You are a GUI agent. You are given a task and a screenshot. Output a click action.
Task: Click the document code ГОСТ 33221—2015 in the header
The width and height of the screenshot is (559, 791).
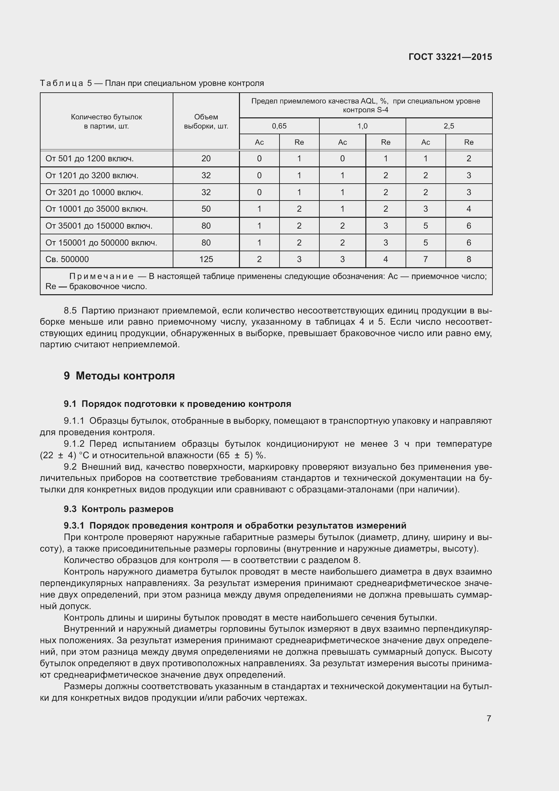450,57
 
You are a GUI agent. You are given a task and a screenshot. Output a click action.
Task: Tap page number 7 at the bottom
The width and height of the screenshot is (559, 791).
489,718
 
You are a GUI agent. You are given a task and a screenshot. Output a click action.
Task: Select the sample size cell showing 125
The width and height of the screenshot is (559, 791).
206,259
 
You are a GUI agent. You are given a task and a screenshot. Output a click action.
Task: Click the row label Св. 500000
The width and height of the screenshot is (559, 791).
67,259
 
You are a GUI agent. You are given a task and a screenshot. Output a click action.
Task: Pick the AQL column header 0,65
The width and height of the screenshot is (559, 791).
279,126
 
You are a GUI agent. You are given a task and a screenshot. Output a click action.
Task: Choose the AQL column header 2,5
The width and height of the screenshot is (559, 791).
449,126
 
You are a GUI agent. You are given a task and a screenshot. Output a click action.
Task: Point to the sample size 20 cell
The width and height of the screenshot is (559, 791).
206,159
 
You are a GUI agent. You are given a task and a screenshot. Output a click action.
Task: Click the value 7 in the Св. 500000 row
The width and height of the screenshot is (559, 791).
426,259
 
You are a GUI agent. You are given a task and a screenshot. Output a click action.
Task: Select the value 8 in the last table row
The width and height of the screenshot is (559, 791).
468,259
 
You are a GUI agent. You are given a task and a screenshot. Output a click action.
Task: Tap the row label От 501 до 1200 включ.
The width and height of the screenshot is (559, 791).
90,159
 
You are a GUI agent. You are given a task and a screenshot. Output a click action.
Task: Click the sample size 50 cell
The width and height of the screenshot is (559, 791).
206,209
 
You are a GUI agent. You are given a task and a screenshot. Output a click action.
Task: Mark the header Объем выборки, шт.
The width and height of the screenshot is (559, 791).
206,122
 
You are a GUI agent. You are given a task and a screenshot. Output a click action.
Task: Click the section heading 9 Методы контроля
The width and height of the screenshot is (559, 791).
119,376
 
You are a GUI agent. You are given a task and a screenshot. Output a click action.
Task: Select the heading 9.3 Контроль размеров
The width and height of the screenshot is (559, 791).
118,509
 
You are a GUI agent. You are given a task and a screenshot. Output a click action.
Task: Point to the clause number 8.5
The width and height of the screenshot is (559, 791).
70,311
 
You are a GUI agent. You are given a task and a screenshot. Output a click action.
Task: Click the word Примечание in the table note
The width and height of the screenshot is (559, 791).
101,276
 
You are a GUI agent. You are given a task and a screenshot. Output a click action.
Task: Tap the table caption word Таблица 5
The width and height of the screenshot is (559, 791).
66,84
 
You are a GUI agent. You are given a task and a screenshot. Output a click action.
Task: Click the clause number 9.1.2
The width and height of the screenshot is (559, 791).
74,444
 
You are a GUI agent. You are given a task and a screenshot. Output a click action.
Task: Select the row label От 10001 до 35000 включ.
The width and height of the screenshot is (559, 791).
96,209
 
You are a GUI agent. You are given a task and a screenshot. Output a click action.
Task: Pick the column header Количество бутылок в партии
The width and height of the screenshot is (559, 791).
106,122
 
